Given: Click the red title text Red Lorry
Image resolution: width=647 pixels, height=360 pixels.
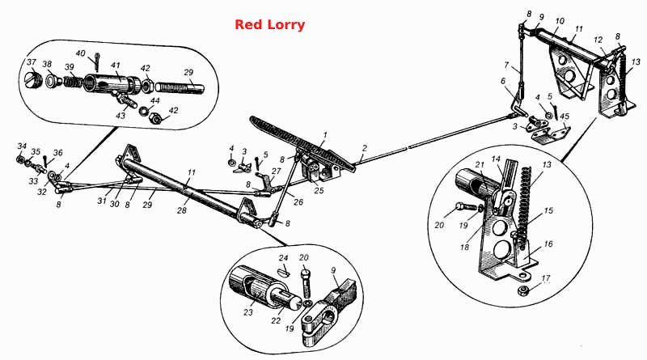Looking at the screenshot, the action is (270, 25).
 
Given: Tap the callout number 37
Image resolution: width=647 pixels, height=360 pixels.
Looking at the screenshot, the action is (32, 62).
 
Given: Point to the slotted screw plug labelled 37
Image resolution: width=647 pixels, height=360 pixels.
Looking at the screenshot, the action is (34, 78).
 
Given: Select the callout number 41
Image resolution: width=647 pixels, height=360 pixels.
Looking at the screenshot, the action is (115, 66).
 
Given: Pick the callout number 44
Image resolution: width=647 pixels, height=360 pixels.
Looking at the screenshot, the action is (154, 101).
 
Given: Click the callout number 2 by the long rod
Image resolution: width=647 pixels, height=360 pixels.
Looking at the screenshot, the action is (365, 148).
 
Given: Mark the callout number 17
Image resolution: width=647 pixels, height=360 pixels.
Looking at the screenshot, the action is (545, 278).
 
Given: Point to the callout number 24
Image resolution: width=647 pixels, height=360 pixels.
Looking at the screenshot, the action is (283, 258).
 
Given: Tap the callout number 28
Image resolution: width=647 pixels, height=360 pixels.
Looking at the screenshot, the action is (181, 210).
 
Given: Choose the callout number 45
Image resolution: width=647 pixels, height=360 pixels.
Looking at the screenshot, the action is (564, 116).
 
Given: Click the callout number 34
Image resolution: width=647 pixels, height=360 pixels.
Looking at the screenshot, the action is (22, 146).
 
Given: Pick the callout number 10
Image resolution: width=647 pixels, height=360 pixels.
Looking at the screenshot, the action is (560, 21).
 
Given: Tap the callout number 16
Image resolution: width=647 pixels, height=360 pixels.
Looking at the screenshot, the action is (548, 244).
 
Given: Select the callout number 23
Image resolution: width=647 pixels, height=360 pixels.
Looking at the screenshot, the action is (247, 312).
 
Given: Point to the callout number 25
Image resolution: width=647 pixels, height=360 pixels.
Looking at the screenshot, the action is (319, 191).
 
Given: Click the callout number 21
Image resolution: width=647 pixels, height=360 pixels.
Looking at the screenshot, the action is (479, 165).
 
